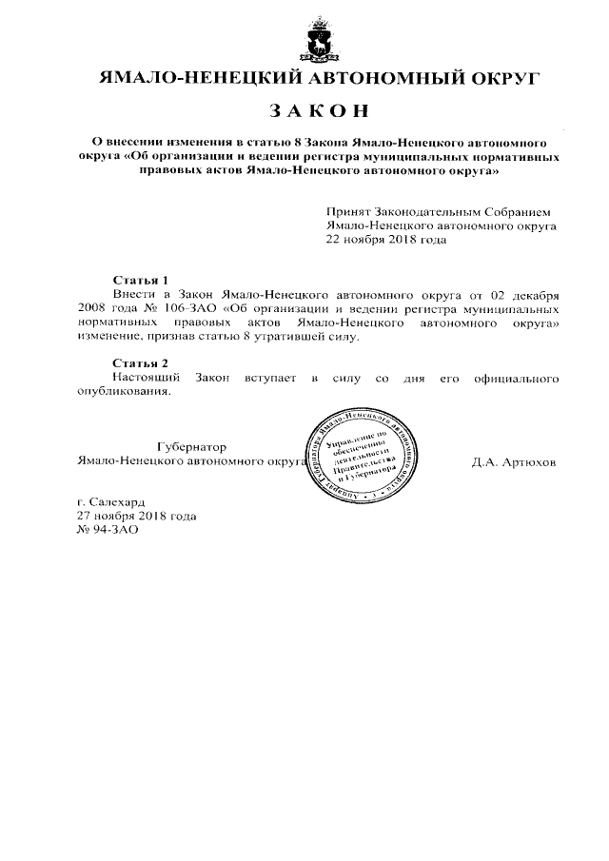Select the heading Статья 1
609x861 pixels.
[x=140, y=281]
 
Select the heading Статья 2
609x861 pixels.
[x=140, y=364]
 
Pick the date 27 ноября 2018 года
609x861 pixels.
[x=136, y=516]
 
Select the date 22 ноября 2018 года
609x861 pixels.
[x=385, y=241]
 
